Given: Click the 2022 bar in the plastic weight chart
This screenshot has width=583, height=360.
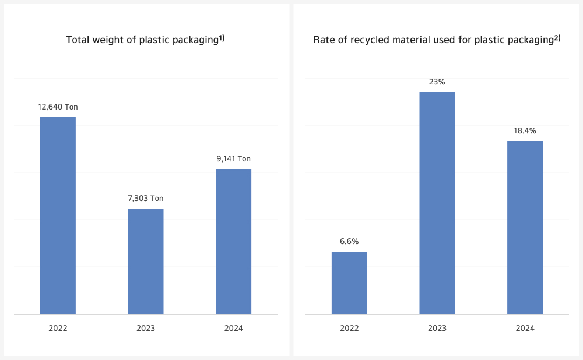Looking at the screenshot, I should point(58,216).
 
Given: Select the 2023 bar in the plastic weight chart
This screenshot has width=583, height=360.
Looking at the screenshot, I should point(146,261).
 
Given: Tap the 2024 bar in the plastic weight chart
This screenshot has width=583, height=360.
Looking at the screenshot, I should point(233,241).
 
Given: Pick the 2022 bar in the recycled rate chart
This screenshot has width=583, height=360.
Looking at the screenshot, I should point(349,283).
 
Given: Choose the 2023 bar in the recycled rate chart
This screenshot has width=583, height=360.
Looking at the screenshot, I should point(437,203).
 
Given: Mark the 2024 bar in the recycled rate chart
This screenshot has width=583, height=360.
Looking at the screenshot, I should point(525,227).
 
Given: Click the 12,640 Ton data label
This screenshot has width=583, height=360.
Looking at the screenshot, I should point(58,107).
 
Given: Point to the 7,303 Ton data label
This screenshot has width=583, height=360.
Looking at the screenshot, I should point(146,199).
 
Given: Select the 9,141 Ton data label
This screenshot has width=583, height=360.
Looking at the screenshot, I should point(233,159).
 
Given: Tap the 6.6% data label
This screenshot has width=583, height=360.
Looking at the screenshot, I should point(349,241).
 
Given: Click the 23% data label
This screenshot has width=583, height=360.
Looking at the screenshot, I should point(437,82).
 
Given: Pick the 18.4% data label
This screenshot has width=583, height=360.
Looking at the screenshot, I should point(525,131).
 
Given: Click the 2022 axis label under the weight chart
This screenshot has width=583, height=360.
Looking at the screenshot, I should point(58,329).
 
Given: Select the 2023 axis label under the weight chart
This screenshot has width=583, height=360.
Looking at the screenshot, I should point(146,329).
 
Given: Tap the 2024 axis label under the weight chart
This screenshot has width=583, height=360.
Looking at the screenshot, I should point(233,329).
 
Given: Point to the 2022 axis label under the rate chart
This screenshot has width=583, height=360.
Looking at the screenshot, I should point(349,329).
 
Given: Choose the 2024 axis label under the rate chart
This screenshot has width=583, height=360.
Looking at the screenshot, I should point(525,329).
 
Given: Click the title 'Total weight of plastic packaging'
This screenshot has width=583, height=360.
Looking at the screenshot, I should point(142,40).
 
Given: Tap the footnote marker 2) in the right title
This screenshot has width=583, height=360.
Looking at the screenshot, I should point(557,38).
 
